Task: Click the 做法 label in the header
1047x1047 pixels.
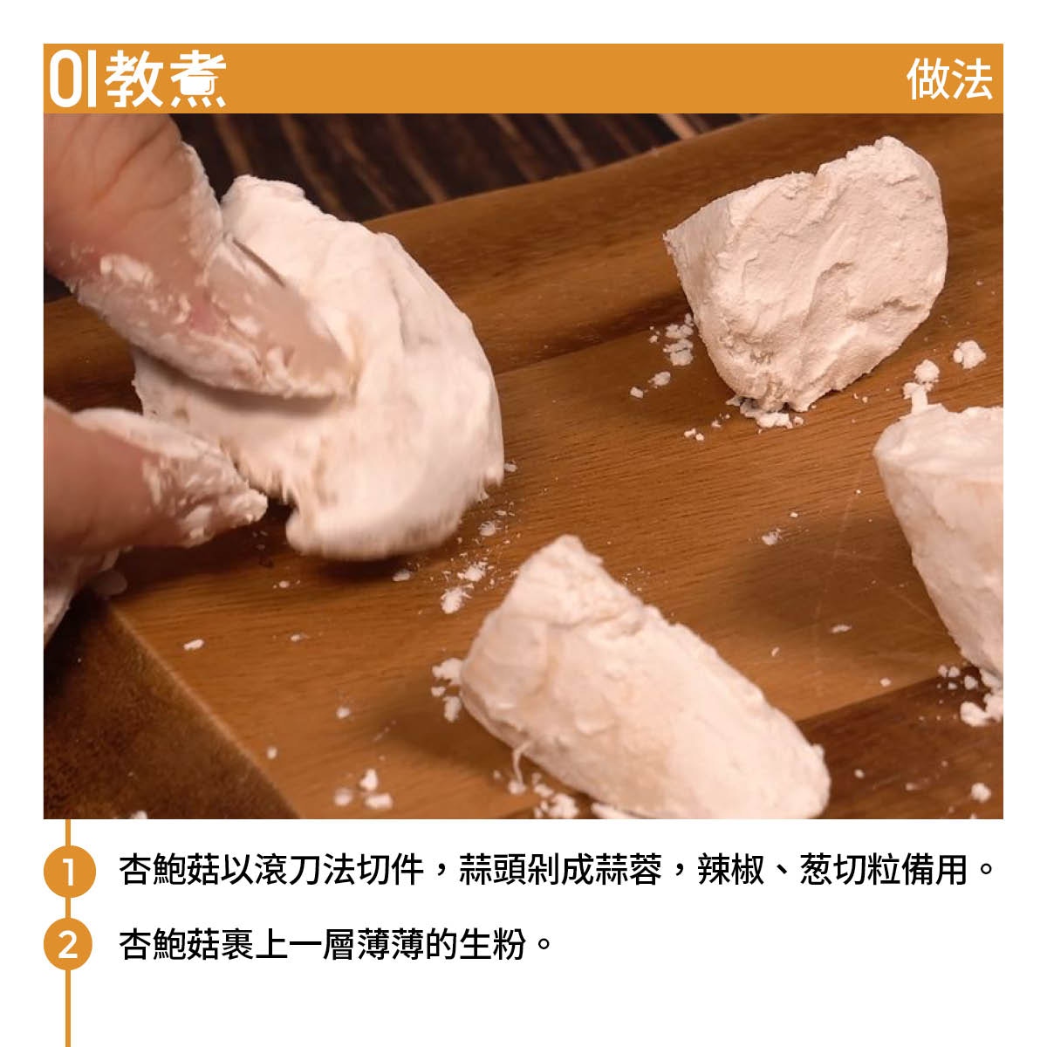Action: (949, 79)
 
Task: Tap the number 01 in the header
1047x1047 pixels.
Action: (72, 79)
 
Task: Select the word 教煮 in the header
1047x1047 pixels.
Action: (165, 79)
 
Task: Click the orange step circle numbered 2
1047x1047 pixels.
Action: (69, 946)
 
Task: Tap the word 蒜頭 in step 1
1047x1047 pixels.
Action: (493, 870)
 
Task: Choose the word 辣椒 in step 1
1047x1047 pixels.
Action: (731, 870)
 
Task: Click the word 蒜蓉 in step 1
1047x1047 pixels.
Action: (628, 870)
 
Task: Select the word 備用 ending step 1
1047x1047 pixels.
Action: (935, 870)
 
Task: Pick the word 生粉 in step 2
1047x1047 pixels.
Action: (493, 945)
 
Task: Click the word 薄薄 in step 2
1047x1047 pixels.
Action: (391, 945)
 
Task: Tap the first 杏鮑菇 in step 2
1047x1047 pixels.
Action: (169, 945)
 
